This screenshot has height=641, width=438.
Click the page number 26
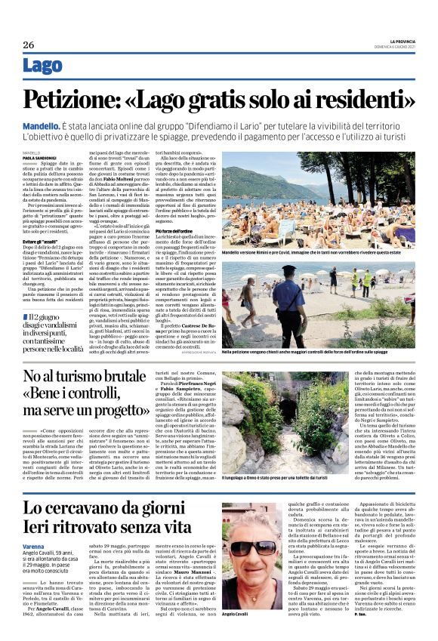pyautogui.click(x=28, y=45)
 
